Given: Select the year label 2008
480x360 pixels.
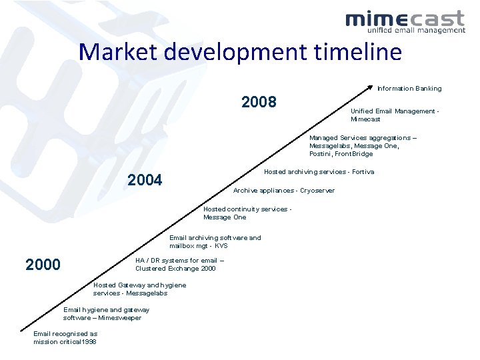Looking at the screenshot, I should (x=259, y=102).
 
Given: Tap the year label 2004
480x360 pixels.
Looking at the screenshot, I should (x=145, y=179).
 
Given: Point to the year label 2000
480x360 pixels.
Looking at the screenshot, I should (x=43, y=265).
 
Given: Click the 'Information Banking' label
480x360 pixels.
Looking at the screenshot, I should (x=409, y=89).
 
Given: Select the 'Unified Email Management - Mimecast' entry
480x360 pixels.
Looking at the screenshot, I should (x=395, y=115).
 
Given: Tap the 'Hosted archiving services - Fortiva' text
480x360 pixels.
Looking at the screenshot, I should (x=319, y=172).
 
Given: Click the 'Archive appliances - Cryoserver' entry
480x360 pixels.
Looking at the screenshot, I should (x=283, y=191).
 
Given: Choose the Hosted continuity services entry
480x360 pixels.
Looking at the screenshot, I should (x=247, y=213).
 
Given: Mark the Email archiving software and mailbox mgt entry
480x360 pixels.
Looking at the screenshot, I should (x=215, y=241).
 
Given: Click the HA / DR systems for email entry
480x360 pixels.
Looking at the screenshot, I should (x=179, y=265).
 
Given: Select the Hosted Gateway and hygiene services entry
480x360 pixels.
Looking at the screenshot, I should (x=139, y=289).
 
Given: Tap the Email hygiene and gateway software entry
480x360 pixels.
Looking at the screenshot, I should (x=106, y=313).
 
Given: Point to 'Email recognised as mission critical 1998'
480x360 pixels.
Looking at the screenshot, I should (x=65, y=338).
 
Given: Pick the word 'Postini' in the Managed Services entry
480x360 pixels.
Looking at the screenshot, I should (x=321, y=154).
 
